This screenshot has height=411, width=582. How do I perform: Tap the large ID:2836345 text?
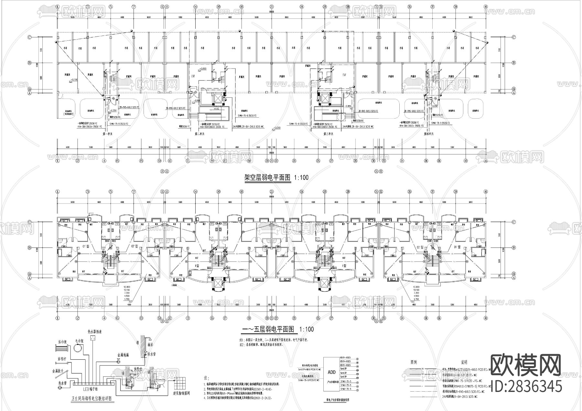(x=526, y=386)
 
